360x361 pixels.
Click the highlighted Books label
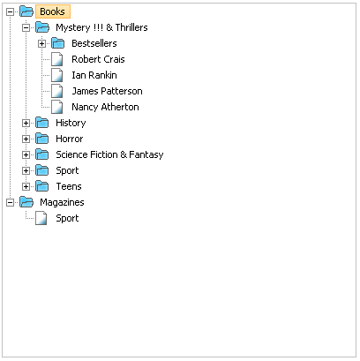(x=53, y=11)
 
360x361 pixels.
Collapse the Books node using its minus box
(x=11, y=12)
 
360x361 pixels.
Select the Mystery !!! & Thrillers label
(x=101, y=27)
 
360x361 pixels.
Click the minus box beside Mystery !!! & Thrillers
(x=26, y=28)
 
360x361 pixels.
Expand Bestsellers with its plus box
(x=42, y=44)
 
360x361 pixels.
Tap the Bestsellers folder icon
(x=58, y=43)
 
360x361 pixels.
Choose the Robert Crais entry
(x=98, y=59)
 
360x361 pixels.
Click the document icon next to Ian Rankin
(x=57, y=75)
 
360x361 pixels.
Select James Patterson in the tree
(x=107, y=91)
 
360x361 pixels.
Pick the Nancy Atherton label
(x=105, y=107)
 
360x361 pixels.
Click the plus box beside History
(x=26, y=124)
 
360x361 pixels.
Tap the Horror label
(x=70, y=139)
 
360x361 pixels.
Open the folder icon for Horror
(x=42, y=139)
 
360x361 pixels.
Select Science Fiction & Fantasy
(x=109, y=154)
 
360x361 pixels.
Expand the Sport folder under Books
(x=26, y=171)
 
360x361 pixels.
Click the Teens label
(x=69, y=186)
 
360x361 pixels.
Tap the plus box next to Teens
(x=26, y=187)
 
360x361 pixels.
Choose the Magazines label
(x=62, y=202)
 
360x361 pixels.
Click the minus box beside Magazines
(x=11, y=203)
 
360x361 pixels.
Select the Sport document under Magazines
(x=67, y=218)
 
